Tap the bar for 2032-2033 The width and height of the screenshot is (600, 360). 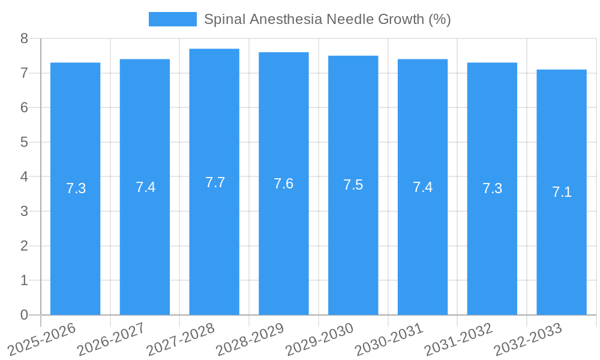pyautogui.click(x=562, y=252)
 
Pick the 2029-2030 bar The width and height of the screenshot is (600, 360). pyautogui.click(x=353, y=252)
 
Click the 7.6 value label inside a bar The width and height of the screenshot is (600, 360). pyautogui.click(x=283, y=184)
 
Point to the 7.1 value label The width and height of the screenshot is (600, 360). pyautogui.click(x=562, y=192)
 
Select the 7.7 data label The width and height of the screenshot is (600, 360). pyautogui.click(x=215, y=182)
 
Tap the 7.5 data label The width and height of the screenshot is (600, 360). pyautogui.click(x=353, y=185)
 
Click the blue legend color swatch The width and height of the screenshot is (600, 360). pyautogui.click(x=172, y=19)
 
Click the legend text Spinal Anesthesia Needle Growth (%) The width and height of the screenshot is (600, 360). pyautogui.click(x=327, y=19)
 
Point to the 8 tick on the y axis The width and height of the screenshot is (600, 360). pyautogui.click(x=24, y=39)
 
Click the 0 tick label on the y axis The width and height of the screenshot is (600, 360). pyautogui.click(x=24, y=315)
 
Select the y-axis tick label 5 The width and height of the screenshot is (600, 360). pyautogui.click(x=24, y=142)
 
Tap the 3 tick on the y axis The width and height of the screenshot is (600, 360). pyautogui.click(x=24, y=211)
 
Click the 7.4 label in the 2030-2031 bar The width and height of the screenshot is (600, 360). pyautogui.click(x=422, y=187)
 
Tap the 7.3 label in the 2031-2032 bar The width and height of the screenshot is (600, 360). pyautogui.click(x=492, y=188)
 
